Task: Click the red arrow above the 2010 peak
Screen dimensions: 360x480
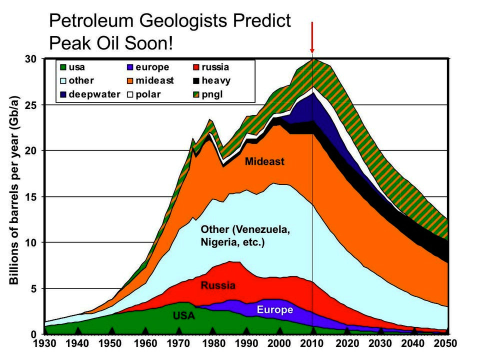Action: click(x=312, y=37)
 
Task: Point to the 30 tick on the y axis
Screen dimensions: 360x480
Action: click(x=31, y=59)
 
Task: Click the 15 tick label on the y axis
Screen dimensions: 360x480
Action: click(x=31, y=196)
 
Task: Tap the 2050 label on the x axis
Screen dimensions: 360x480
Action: click(x=447, y=344)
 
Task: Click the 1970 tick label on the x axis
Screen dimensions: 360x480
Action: click(x=178, y=344)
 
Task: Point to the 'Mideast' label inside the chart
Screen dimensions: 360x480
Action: click(x=264, y=161)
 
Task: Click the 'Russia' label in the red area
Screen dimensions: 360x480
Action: click(x=217, y=286)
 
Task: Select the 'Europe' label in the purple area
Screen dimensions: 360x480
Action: click(x=274, y=310)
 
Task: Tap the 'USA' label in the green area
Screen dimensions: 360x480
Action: click(x=184, y=316)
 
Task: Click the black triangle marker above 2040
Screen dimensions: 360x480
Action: click(x=414, y=330)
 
